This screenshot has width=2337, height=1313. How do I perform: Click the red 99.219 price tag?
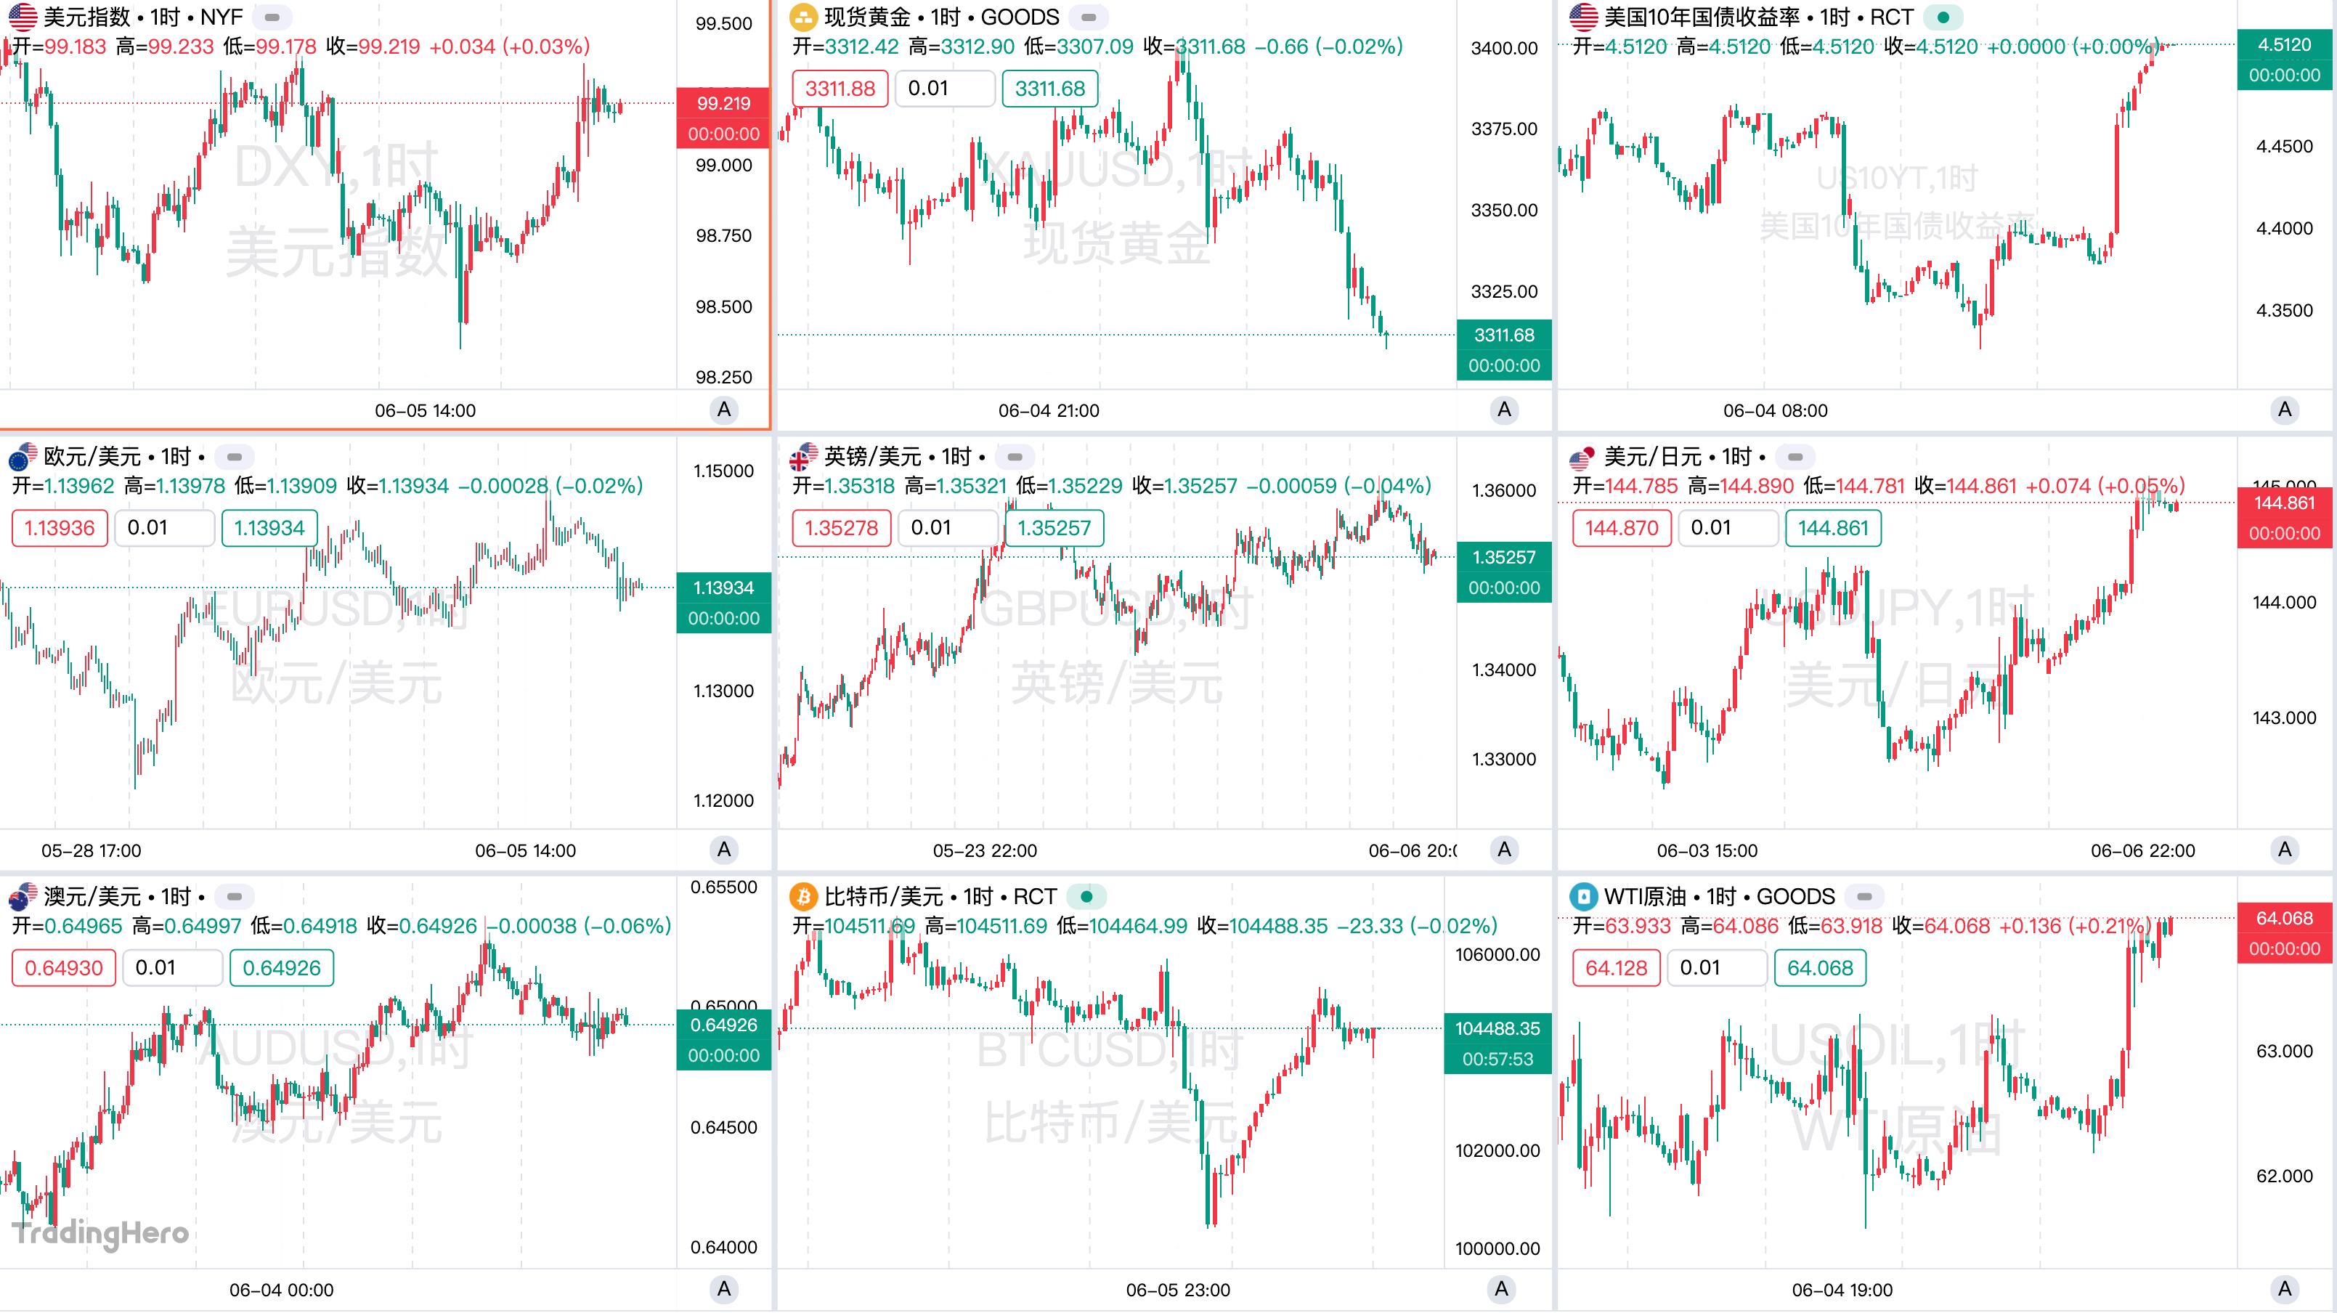(x=723, y=103)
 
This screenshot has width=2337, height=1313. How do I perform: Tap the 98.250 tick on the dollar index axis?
(x=723, y=377)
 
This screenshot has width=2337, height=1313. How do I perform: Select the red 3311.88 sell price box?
(x=840, y=89)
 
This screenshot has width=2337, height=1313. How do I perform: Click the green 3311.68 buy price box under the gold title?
(x=1049, y=89)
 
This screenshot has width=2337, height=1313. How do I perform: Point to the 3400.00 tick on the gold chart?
(x=1503, y=48)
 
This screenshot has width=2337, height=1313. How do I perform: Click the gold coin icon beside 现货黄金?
(x=803, y=17)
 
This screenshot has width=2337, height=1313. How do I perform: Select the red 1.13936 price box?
(x=59, y=528)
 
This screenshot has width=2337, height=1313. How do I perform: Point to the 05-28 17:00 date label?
(x=91, y=850)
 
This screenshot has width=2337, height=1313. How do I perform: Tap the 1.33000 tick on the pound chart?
(x=1503, y=759)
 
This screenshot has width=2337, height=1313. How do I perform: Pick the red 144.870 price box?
(x=1620, y=528)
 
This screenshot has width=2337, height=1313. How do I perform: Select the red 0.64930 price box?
(x=63, y=968)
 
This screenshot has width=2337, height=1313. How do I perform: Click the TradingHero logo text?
(x=99, y=1232)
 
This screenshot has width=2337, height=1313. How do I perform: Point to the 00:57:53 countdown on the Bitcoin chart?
(x=1497, y=1059)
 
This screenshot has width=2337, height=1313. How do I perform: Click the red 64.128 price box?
(x=1616, y=968)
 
